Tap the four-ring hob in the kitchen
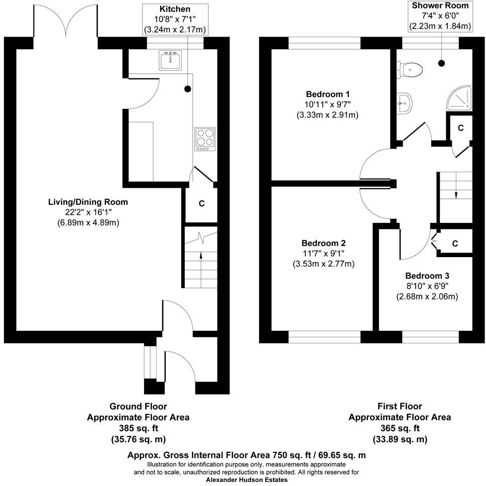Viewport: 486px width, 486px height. [204, 139]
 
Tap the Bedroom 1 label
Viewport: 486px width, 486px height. [327, 94]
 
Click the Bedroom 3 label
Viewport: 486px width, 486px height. [427, 276]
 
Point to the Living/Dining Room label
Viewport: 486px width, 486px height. [88, 202]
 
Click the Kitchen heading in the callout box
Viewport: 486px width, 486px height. [175, 9]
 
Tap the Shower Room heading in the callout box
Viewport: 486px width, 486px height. [440, 6]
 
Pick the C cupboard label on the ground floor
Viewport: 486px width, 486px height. [201, 204]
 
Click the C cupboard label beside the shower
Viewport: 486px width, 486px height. [460, 128]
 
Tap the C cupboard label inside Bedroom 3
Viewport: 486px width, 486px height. [455, 244]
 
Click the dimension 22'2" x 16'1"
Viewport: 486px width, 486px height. [88, 212]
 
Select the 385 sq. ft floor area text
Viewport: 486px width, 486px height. [138, 428]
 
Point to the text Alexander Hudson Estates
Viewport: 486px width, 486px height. [247, 480]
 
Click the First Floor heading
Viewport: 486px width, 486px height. [400, 406]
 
